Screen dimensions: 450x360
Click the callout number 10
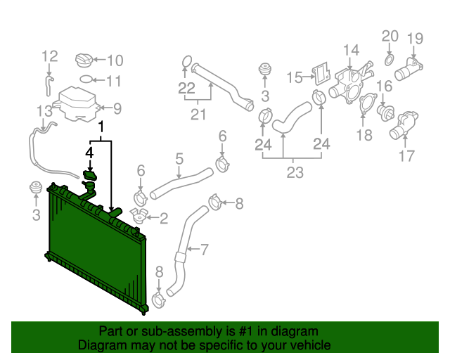[115, 60]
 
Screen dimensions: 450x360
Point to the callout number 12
[49, 56]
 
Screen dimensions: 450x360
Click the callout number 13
[44, 111]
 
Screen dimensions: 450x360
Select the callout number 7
[205, 249]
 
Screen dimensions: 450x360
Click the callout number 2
[163, 219]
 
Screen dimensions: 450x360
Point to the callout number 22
[186, 88]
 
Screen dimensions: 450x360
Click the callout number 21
[200, 114]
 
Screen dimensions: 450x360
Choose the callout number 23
[293, 172]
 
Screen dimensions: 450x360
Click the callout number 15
[295, 77]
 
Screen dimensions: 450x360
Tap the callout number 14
[351, 50]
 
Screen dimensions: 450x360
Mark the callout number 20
[390, 35]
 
